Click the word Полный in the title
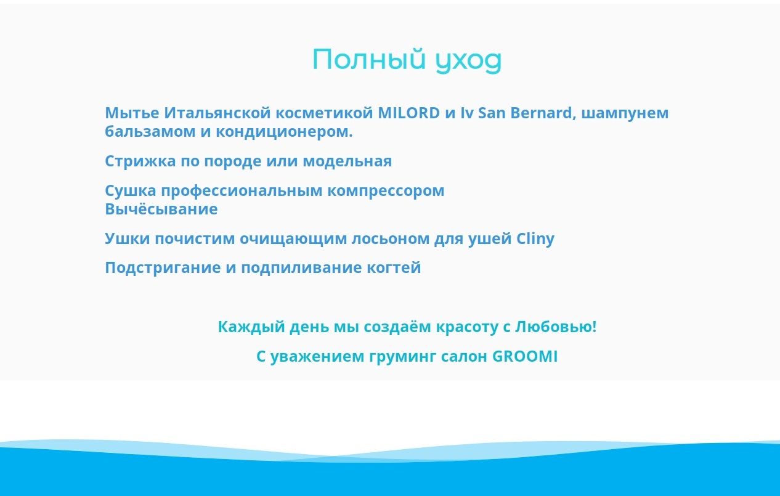pyautogui.click(x=369, y=60)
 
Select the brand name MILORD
pyautogui.click(x=409, y=113)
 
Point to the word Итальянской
pyautogui.click(x=217, y=113)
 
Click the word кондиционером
pyautogui.click(x=284, y=132)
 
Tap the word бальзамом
pyautogui.click(x=150, y=132)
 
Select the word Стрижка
pyautogui.click(x=140, y=161)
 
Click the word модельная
pyautogui.click(x=347, y=161)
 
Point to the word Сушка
pyautogui.click(x=131, y=191)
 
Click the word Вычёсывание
pyautogui.click(x=161, y=209)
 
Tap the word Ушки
pyautogui.click(x=128, y=238)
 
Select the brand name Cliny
pyautogui.click(x=535, y=239)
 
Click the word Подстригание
pyautogui.click(x=163, y=268)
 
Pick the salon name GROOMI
pyautogui.click(x=525, y=356)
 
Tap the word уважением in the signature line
pyautogui.click(x=317, y=357)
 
